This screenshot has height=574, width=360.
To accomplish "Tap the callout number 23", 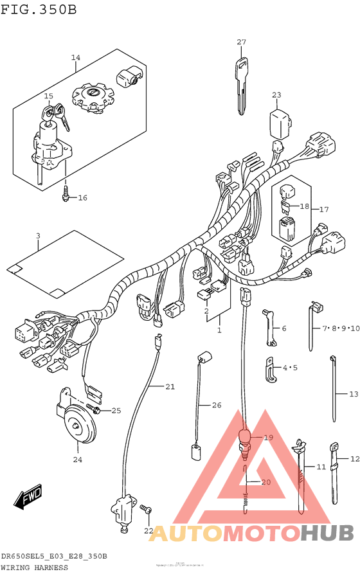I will tap(276, 95).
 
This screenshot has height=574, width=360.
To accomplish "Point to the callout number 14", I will tap(76, 58).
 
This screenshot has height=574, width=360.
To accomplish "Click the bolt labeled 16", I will tap(66, 193).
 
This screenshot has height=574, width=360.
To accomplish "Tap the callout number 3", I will tap(38, 237).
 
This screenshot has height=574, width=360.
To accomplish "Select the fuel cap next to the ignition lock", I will tap(93, 98).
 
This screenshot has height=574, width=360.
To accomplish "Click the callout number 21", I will tap(170, 386).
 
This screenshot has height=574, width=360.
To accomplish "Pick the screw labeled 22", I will tap(147, 509).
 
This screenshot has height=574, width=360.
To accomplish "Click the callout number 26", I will tap(217, 405).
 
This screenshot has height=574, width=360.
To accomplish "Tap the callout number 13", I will tap(353, 393).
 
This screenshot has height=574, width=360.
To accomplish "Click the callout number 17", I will tap(324, 210).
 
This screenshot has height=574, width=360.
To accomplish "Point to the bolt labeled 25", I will tap(97, 409).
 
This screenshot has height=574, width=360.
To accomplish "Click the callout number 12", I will tap(354, 459).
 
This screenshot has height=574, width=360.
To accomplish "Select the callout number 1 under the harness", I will tap(219, 330).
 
